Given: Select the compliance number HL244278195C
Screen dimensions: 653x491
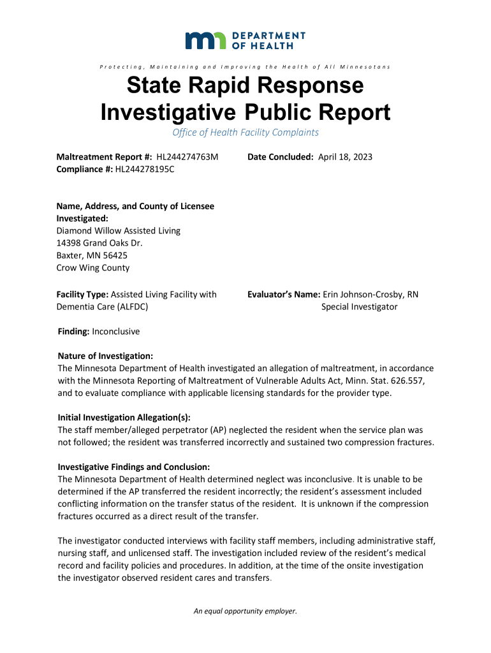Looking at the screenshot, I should tap(145, 169).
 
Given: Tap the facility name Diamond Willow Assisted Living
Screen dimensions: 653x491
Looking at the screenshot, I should tap(119, 231).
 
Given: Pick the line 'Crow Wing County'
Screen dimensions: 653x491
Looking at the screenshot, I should tap(93, 268).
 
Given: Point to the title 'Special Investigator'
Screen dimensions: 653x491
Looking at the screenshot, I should tap(359, 307).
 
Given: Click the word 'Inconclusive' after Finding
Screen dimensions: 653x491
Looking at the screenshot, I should tap(115, 332).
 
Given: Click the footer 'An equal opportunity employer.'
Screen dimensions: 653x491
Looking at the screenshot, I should tap(246, 611).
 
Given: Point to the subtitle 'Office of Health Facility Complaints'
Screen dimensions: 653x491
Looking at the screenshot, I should tap(246, 133).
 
